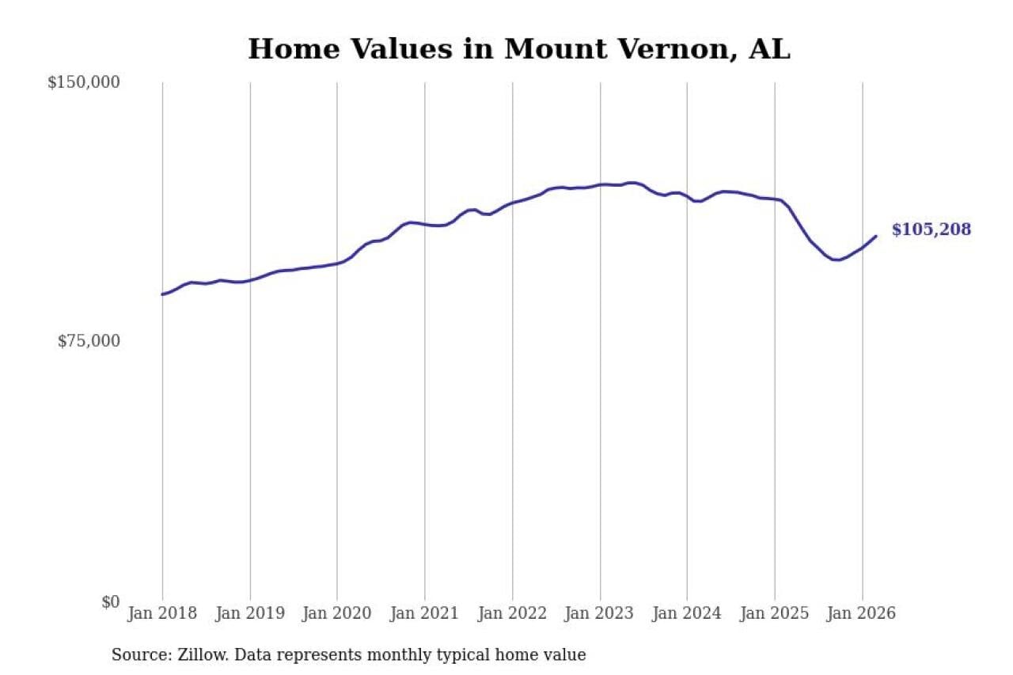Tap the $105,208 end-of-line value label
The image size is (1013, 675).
click(931, 230)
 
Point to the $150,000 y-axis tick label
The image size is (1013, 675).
click(83, 82)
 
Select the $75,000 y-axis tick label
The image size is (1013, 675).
click(89, 341)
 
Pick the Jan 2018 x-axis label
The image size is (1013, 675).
click(162, 614)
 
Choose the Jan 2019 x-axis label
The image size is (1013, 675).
click(250, 614)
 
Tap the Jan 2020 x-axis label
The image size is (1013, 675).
click(337, 614)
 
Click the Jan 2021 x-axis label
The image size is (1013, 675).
click(425, 614)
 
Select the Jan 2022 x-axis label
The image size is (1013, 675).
click(512, 614)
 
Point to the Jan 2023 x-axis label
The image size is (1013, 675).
click(600, 614)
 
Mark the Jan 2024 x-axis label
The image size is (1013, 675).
click(687, 614)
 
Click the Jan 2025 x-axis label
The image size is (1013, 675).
click(775, 614)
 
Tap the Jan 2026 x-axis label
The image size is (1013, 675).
click(862, 614)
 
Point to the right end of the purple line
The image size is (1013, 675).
click(876, 236)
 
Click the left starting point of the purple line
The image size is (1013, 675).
click(162, 294)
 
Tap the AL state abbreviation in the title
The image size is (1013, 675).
click(771, 49)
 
